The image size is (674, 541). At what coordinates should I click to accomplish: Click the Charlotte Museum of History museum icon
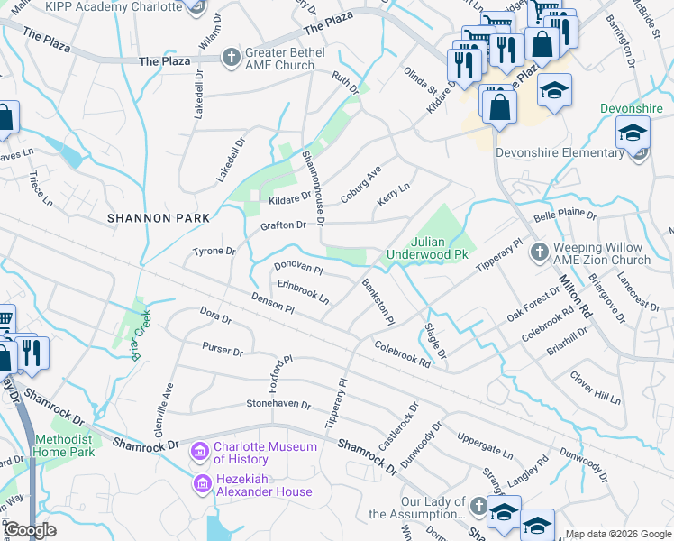[x=200, y=449]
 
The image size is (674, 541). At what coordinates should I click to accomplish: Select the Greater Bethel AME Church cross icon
[x=232, y=58]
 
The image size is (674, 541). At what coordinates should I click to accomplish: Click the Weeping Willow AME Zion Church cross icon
[x=539, y=252]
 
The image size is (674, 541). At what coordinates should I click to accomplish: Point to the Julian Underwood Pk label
[x=429, y=249]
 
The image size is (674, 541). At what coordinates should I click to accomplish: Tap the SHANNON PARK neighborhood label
[x=158, y=218]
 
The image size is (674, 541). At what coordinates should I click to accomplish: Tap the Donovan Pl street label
[x=298, y=268]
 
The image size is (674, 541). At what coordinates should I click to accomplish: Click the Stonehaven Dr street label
[x=278, y=405]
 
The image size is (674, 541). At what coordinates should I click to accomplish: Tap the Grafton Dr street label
[x=283, y=225]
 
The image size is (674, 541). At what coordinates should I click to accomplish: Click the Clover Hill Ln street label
[x=596, y=387]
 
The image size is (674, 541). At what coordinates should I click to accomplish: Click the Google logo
[x=31, y=529]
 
